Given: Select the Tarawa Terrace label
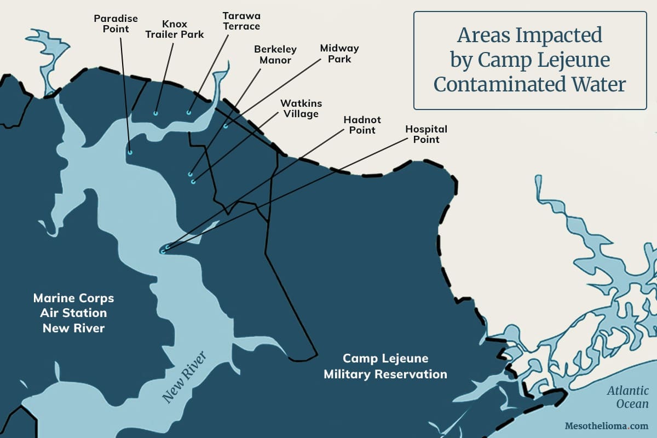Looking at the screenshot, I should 241,21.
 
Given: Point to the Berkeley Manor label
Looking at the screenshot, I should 275,54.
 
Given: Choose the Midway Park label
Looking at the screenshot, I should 339,53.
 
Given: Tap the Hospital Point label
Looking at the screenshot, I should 426,134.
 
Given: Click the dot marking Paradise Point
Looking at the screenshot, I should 130,153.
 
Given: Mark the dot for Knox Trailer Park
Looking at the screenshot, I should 156,114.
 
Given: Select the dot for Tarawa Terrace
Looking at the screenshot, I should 189,113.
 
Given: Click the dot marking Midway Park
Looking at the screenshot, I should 225,126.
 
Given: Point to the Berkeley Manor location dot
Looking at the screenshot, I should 191,175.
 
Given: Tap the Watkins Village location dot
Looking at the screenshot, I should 193,182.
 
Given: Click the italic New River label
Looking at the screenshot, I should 185,378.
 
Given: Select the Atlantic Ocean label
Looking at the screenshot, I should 627,397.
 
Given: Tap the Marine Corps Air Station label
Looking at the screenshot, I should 73,313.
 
